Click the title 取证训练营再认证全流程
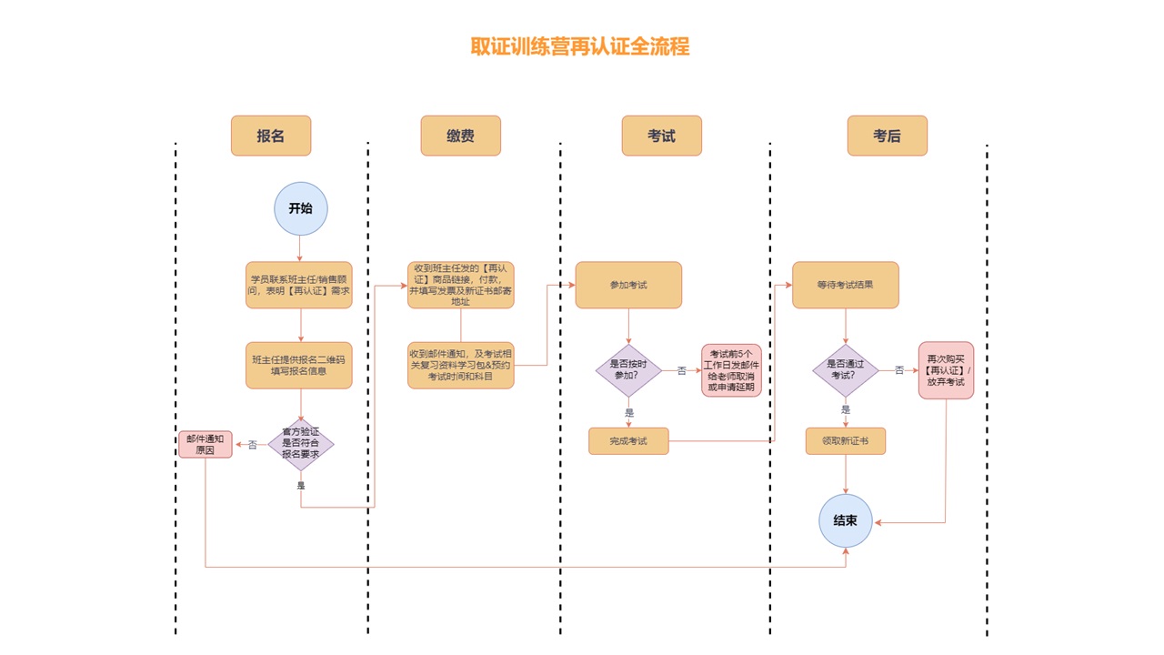click(x=580, y=46)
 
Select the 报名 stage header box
click(x=271, y=136)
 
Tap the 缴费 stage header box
click(x=460, y=136)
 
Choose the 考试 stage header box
click(x=661, y=136)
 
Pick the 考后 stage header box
click(x=887, y=136)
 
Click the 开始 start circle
click(x=300, y=208)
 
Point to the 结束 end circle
click(x=846, y=520)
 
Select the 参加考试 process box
click(x=627, y=285)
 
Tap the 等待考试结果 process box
click(x=845, y=285)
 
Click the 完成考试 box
click(x=628, y=441)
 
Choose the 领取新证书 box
click(x=845, y=441)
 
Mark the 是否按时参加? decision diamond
click(x=628, y=370)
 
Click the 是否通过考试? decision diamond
click(x=846, y=370)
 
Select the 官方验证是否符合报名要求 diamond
click(x=301, y=444)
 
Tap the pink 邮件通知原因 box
click(x=206, y=444)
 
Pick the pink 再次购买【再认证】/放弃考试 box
click(x=946, y=370)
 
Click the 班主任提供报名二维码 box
click(x=298, y=365)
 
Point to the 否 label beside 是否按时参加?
click(x=681, y=371)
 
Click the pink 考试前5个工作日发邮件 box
click(x=731, y=370)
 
